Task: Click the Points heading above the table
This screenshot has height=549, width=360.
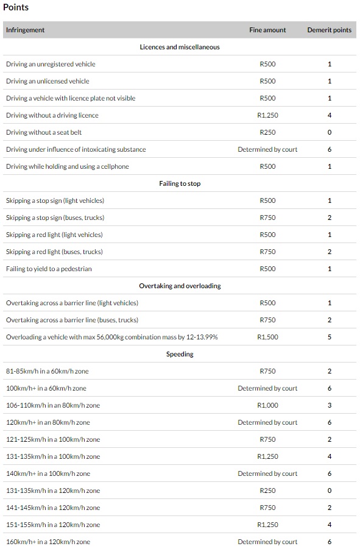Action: click(x=16, y=7)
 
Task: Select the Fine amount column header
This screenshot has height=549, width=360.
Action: click(x=267, y=30)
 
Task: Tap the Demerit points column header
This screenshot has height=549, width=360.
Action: click(x=329, y=30)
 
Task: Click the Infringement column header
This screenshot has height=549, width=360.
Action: click(x=25, y=30)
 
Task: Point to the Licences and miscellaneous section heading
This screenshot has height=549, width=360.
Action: click(x=180, y=47)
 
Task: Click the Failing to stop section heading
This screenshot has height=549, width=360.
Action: click(x=180, y=183)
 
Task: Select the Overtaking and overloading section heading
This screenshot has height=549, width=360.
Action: click(x=180, y=286)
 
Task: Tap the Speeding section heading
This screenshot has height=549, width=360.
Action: click(x=180, y=354)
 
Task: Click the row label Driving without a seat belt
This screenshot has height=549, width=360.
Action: click(x=44, y=132)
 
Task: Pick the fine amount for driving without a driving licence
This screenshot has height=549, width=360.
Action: click(x=267, y=115)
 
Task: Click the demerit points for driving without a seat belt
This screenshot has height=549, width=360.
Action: click(x=330, y=132)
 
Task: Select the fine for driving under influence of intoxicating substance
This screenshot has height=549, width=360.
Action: click(x=267, y=149)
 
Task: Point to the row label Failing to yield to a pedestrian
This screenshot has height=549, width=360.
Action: click(x=49, y=269)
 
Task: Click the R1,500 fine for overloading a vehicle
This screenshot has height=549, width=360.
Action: click(x=267, y=337)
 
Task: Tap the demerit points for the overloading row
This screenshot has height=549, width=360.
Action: click(x=330, y=337)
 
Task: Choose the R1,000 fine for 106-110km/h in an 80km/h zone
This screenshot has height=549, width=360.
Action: click(x=267, y=405)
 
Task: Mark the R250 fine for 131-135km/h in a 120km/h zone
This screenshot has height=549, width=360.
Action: click(x=267, y=491)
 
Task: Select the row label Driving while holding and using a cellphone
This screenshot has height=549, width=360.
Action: click(x=68, y=166)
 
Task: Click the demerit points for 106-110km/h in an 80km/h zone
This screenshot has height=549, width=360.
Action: click(x=330, y=405)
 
